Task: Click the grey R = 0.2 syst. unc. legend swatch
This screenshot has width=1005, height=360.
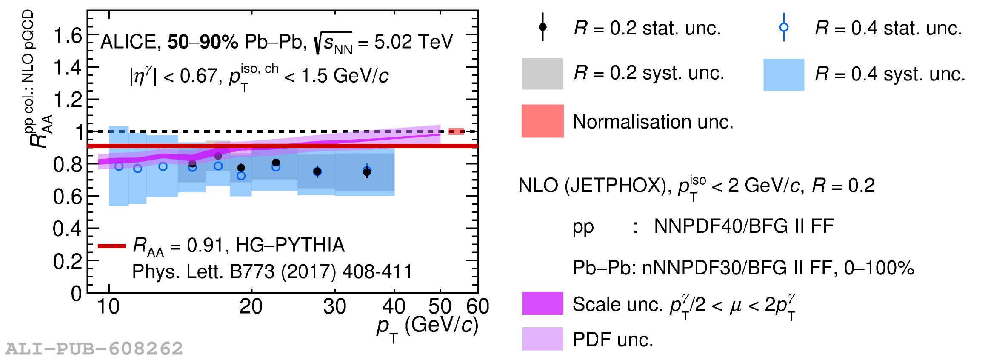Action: (x=542, y=74)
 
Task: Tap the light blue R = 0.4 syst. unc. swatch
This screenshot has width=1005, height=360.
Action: (x=783, y=75)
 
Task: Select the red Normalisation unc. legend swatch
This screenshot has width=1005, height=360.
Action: (x=542, y=121)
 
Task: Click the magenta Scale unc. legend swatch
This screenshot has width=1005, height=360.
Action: (x=542, y=303)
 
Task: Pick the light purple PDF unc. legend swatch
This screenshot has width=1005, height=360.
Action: (x=542, y=339)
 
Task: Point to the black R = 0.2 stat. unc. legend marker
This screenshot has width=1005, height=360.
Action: (x=542, y=27)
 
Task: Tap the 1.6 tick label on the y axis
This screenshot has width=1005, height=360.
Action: (x=68, y=35)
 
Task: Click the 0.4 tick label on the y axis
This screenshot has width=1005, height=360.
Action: (x=67, y=229)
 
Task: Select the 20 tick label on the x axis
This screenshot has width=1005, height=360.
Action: (x=251, y=306)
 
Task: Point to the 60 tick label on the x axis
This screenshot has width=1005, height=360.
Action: (x=478, y=306)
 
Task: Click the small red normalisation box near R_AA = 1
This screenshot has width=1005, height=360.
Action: (x=456, y=131)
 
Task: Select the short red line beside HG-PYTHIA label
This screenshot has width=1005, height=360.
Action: (x=111, y=246)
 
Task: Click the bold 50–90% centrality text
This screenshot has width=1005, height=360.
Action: (x=203, y=42)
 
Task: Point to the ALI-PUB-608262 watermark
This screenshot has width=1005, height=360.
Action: (x=94, y=349)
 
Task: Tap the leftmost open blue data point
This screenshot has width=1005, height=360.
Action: (x=119, y=166)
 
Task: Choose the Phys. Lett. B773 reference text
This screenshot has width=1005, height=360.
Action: (x=272, y=271)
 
